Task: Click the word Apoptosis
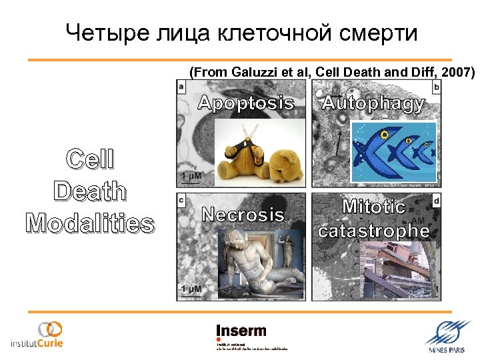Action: coord(246,103)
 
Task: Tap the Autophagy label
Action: coord(373,103)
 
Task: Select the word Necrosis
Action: coord(243,215)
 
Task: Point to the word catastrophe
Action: coord(373,231)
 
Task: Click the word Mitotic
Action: coord(373,207)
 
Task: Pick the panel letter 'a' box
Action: coord(181,87)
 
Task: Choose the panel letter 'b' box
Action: coord(436,87)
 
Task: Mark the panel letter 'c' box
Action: coord(181,199)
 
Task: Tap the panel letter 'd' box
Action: coord(436,199)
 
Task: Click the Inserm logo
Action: coord(241,331)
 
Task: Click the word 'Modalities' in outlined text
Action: coord(89,224)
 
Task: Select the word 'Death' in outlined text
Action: coord(89,191)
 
